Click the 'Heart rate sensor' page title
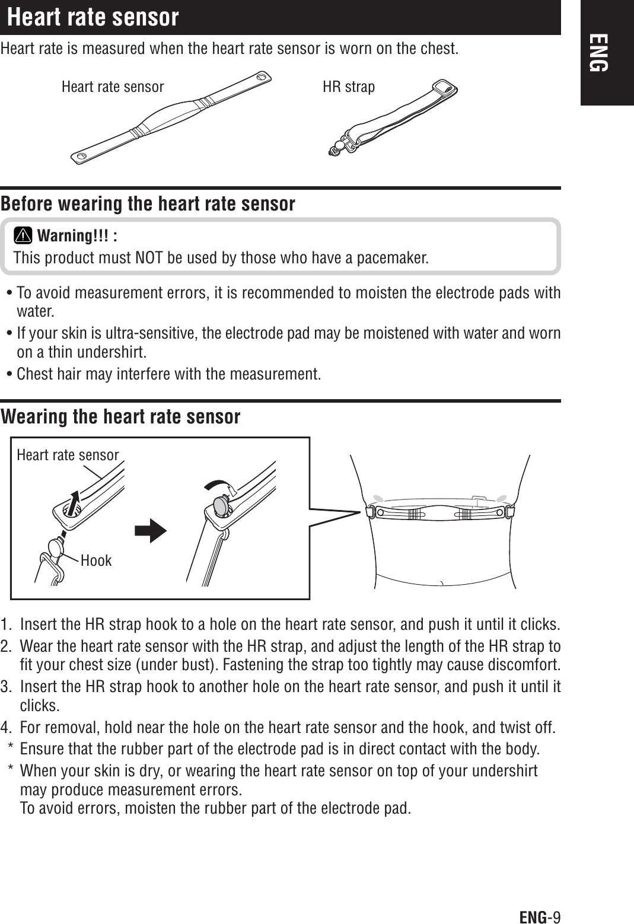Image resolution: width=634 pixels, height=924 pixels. point(93,17)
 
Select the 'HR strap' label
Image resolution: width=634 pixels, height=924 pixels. point(348,87)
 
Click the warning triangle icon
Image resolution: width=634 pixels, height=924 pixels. point(24,236)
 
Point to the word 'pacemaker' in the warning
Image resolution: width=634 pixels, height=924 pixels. point(393,259)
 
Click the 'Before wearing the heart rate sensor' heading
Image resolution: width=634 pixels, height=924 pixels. point(148,204)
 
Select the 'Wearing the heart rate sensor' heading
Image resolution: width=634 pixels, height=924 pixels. point(120,416)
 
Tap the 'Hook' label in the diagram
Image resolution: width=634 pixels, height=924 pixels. point(95,560)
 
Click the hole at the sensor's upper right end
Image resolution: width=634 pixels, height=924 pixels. point(262,77)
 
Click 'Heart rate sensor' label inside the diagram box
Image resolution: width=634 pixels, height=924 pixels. point(68,455)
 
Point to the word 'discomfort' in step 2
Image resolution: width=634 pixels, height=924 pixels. point(531,662)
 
